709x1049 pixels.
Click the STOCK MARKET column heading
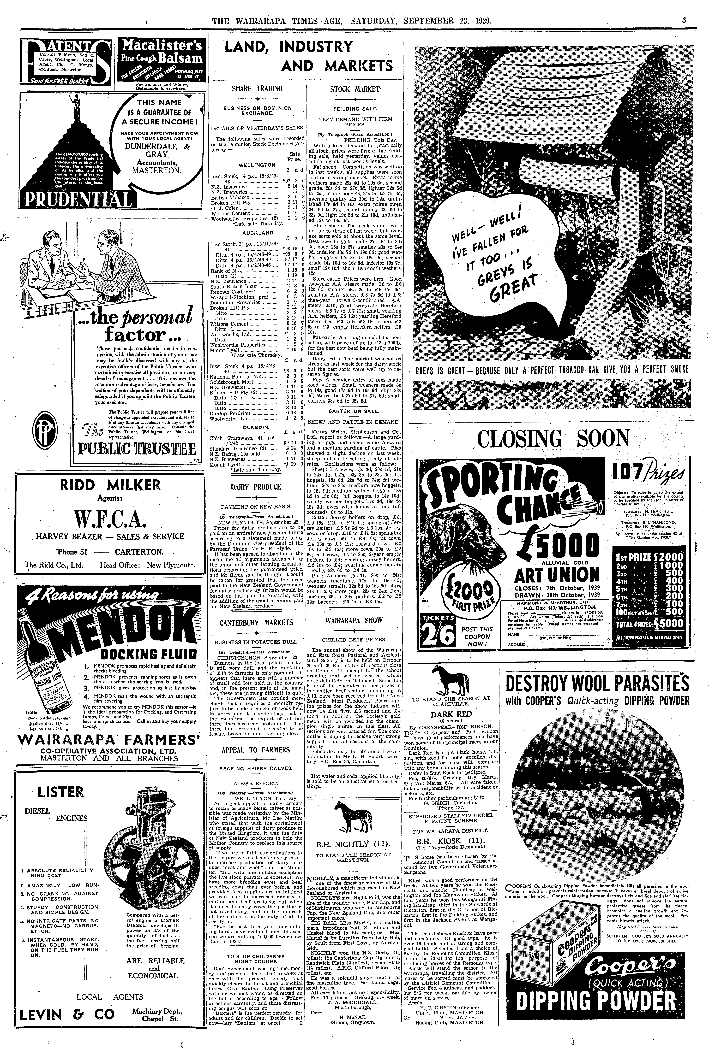tap(355, 89)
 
